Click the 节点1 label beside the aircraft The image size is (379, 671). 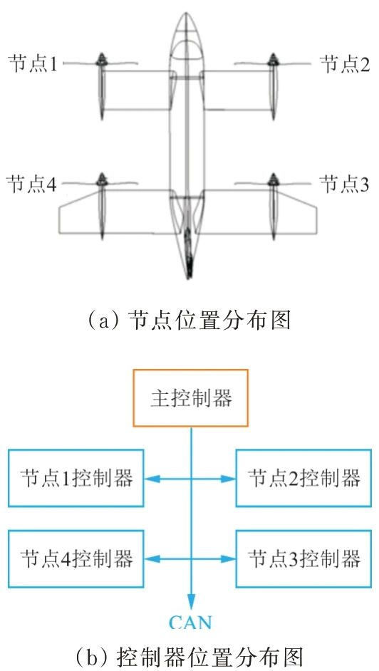33,64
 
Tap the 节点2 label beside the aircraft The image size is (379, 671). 345,64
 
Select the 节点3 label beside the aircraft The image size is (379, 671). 345,184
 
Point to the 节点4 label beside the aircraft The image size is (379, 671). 31,184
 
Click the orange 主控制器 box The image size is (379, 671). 191,398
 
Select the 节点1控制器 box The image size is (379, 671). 76,478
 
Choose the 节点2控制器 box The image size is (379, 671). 303,478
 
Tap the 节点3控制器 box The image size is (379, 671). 303,558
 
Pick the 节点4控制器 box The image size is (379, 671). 76,558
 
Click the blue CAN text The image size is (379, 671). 191,622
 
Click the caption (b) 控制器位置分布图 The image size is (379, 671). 189,655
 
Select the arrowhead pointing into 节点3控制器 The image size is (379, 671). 229,558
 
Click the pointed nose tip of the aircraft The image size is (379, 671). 186,14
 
